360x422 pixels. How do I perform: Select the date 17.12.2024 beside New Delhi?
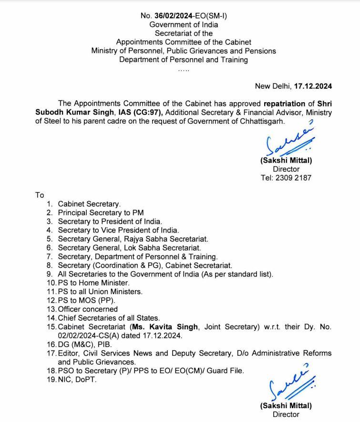pyautogui.click(x=313, y=86)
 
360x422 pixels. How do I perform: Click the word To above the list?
pyautogui.click(x=39, y=195)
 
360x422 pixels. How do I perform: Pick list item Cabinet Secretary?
pyautogui.click(x=89, y=204)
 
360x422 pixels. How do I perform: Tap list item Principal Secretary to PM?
pyautogui.click(x=101, y=212)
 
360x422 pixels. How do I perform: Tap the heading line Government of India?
pyautogui.click(x=184, y=24)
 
